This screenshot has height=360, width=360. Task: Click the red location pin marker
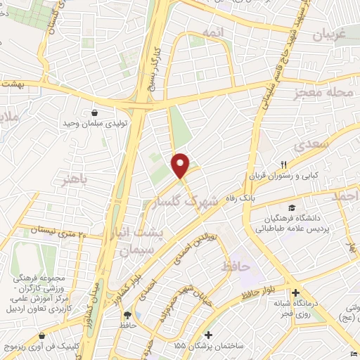coord(181,165)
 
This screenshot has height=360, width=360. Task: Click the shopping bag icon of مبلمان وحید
coord(94,112)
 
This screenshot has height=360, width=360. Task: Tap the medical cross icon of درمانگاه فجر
coord(295,292)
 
